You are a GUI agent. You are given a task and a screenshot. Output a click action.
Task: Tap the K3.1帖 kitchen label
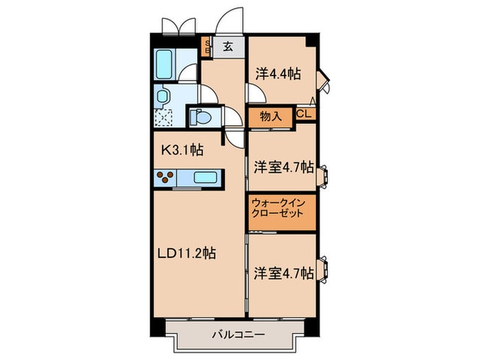tap(182, 147)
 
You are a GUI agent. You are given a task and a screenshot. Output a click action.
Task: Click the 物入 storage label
tap(272, 116)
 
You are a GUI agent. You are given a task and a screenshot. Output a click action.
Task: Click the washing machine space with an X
tap(164, 118)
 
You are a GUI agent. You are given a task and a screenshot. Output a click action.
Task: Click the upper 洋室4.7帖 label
tap(283, 167)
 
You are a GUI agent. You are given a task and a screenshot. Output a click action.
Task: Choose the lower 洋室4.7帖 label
tap(283, 273)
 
